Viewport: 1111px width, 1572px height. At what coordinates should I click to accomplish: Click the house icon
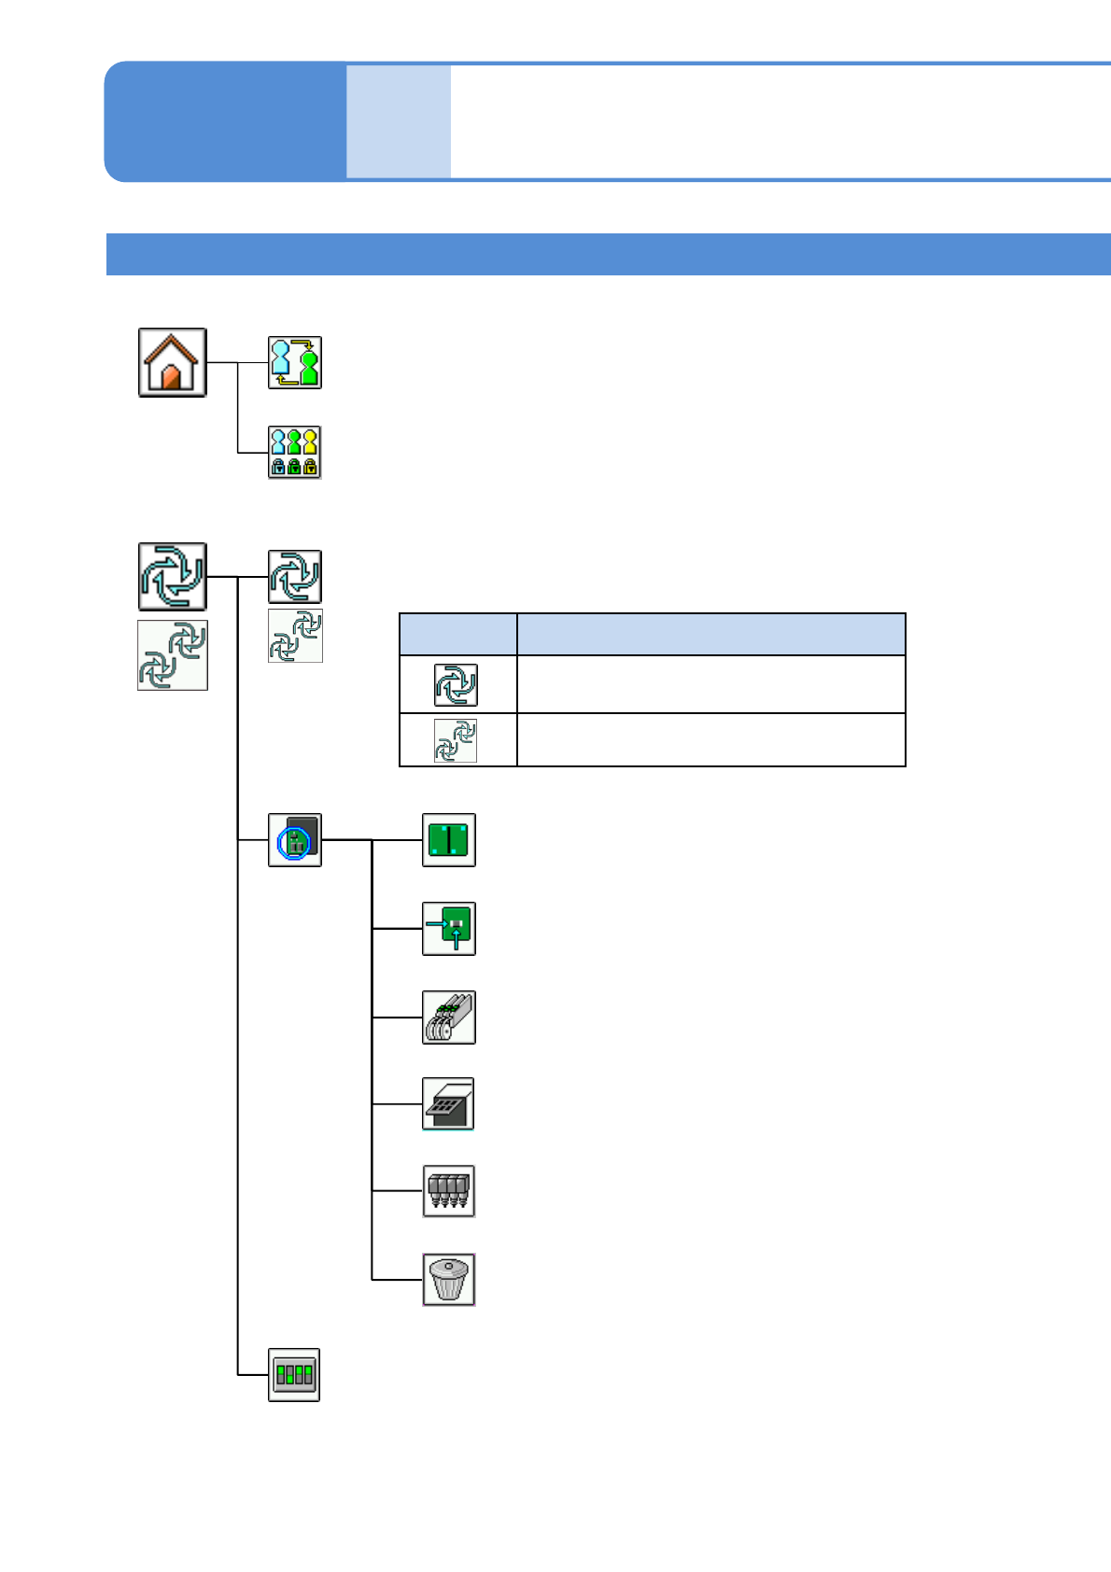(173, 362)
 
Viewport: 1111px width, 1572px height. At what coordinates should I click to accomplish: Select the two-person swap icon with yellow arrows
(295, 362)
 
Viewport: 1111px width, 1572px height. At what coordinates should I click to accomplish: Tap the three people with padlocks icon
(295, 452)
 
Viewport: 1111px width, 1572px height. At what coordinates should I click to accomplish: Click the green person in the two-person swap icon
(308, 366)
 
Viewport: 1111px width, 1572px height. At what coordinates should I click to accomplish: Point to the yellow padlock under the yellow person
(310, 466)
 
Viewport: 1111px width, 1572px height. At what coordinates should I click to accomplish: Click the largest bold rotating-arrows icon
(173, 576)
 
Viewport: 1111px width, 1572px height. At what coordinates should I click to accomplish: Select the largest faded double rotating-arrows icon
(173, 655)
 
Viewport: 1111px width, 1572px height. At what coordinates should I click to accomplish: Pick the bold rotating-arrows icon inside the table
(456, 685)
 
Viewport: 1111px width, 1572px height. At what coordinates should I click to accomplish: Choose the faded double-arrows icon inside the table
(456, 741)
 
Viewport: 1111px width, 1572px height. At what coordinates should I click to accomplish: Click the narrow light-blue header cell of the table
(457, 635)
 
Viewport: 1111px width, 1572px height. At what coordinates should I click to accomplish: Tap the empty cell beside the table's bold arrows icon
(710, 685)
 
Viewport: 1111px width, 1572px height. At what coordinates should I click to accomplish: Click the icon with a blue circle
(295, 840)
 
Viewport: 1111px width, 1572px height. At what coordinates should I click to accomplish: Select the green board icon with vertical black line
(449, 840)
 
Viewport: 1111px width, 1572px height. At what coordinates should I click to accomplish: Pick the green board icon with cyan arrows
(449, 929)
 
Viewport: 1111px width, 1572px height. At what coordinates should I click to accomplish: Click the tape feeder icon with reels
(449, 1018)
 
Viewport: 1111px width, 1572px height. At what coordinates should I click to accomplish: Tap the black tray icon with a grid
(449, 1104)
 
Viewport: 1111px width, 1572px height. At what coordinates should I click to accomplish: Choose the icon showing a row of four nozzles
(449, 1191)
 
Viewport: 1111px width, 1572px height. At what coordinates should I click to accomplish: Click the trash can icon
(449, 1279)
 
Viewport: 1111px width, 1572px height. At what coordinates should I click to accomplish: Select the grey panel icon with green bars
(294, 1374)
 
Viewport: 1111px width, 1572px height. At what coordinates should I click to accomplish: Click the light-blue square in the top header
(399, 121)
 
